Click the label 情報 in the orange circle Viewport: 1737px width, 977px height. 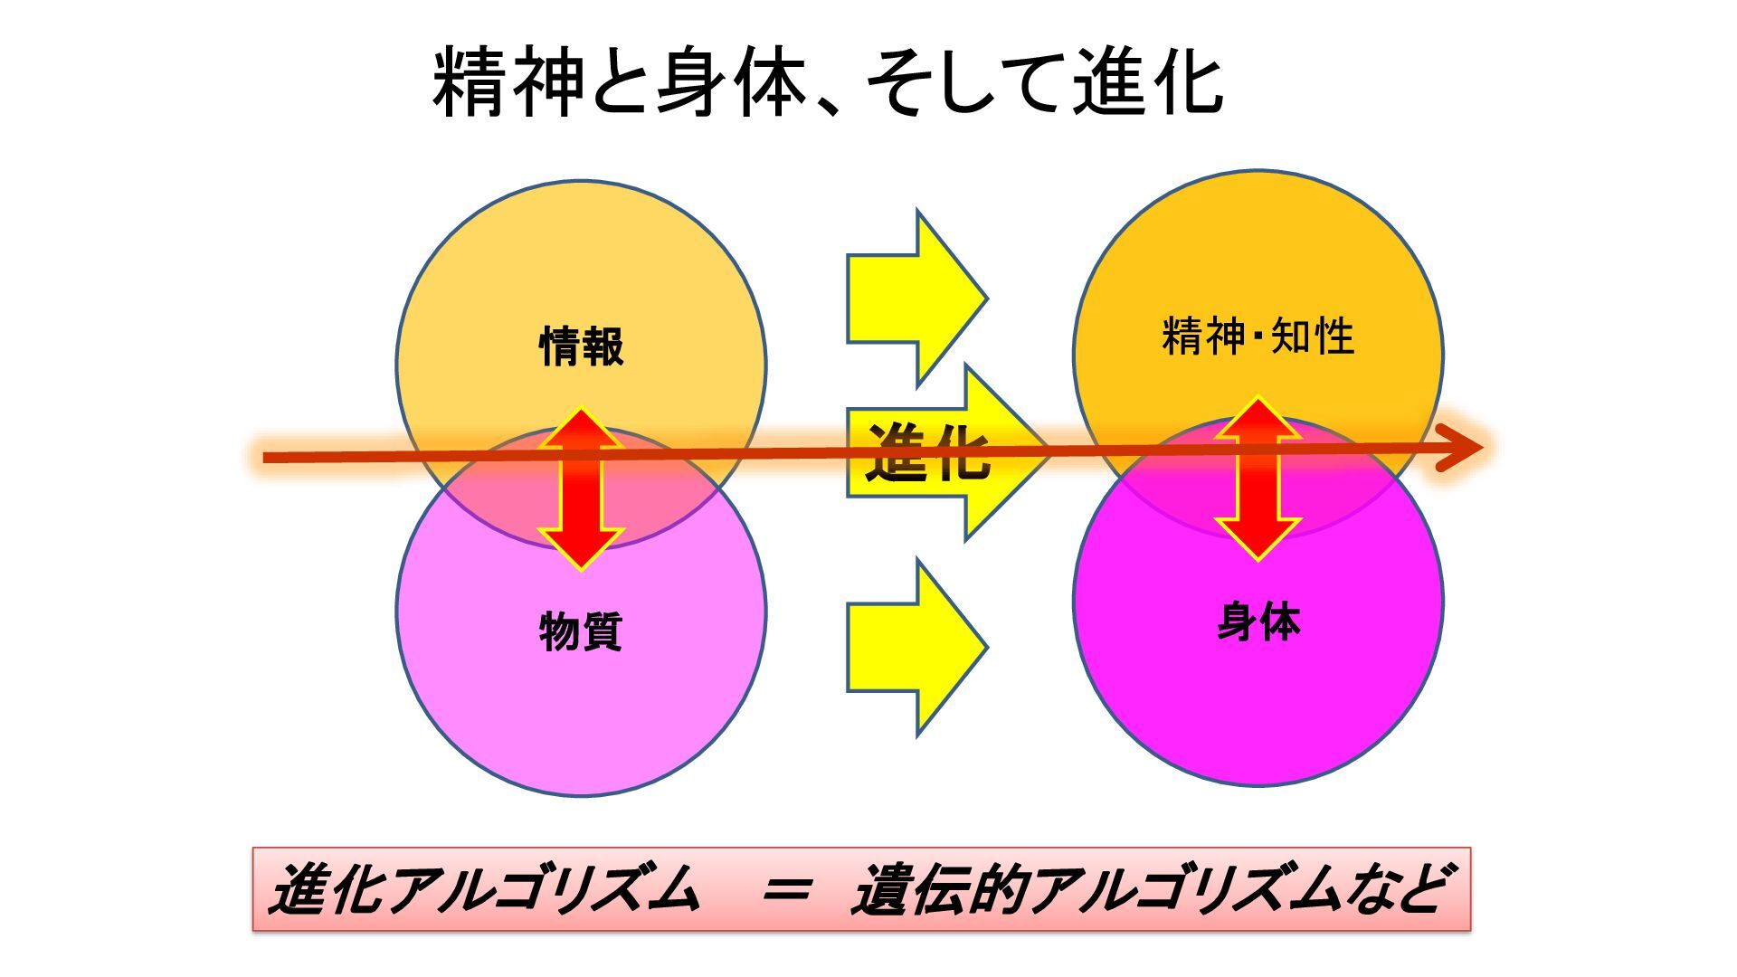(x=581, y=346)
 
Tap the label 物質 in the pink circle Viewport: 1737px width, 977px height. (x=581, y=631)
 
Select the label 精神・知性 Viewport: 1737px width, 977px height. (x=1258, y=337)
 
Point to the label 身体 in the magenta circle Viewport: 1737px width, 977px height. (x=1258, y=622)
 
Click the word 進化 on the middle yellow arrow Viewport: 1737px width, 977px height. (x=928, y=452)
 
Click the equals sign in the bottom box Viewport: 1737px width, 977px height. (x=784, y=890)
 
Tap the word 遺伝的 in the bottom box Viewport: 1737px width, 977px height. (x=941, y=890)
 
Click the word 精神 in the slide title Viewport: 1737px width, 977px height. (x=508, y=83)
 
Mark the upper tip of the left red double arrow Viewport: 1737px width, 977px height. (x=581, y=413)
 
